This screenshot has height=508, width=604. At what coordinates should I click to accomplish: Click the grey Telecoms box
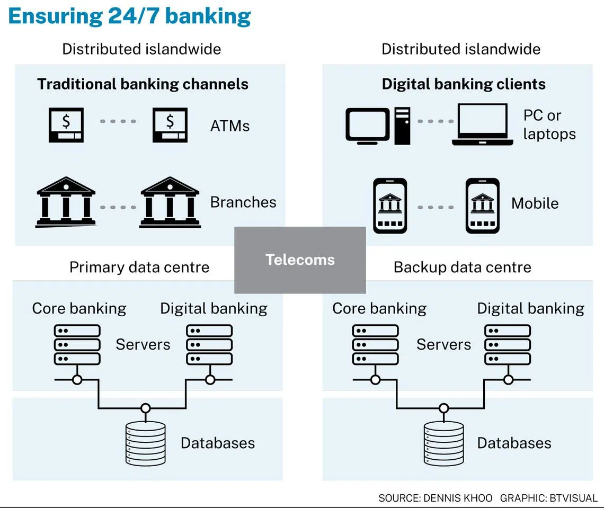[x=300, y=260]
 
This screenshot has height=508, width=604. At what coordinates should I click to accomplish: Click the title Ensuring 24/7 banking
[x=130, y=16]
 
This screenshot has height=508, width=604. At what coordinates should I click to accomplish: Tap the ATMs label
[x=229, y=126]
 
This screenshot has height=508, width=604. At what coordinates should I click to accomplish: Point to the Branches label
[x=243, y=202]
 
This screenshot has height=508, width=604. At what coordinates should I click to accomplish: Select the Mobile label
[x=535, y=203]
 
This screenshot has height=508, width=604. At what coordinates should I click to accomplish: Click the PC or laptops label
[x=549, y=124]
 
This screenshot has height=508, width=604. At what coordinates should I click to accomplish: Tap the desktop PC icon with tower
[x=378, y=125]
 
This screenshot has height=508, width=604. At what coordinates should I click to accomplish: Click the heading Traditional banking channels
[x=143, y=84]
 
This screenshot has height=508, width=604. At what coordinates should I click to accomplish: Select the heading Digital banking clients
[x=464, y=84]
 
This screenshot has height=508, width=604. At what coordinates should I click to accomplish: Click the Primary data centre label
[x=139, y=267]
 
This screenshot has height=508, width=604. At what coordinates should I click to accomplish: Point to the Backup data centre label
[x=462, y=267]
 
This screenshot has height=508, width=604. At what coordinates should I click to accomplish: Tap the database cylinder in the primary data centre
[x=145, y=443]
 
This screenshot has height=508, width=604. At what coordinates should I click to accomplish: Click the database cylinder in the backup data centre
[x=443, y=443]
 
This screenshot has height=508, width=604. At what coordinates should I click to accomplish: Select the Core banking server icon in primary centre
[x=77, y=344]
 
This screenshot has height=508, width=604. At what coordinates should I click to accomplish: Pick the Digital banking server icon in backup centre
[x=508, y=344]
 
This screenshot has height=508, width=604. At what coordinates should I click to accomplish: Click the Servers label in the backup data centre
[x=443, y=344]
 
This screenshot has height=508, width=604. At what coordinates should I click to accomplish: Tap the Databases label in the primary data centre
[x=218, y=443]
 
